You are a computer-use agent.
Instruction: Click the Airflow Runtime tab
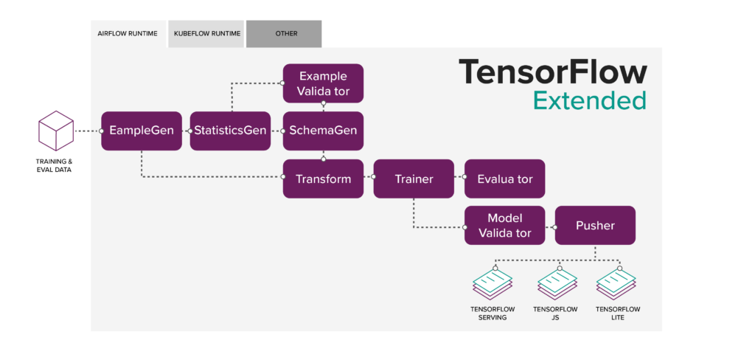point(128,34)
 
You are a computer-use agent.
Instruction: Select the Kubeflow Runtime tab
point(206,34)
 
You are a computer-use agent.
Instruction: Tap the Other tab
point(284,34)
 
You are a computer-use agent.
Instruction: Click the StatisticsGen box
point(230,131)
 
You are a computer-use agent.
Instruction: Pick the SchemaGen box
point(323,131)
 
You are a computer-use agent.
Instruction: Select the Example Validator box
point(323,83)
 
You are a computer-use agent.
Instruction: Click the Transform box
point(323,179)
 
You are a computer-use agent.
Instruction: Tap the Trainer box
point(414,179)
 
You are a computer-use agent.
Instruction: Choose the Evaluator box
point(504,179)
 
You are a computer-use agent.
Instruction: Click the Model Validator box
point(504,226)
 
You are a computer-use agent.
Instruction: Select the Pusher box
point(595,226)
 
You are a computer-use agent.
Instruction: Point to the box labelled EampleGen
point(142,131)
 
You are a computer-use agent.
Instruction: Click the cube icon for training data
point(56,131)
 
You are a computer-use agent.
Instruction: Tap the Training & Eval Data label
point(54,165)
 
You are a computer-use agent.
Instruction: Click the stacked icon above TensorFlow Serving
point(493,283)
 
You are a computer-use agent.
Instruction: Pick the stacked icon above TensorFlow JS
point(557,283)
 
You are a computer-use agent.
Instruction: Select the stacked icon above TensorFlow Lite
point(616,283)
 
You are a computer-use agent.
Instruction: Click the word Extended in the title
point(589,101)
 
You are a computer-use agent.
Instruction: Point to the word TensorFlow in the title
point(552,72)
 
